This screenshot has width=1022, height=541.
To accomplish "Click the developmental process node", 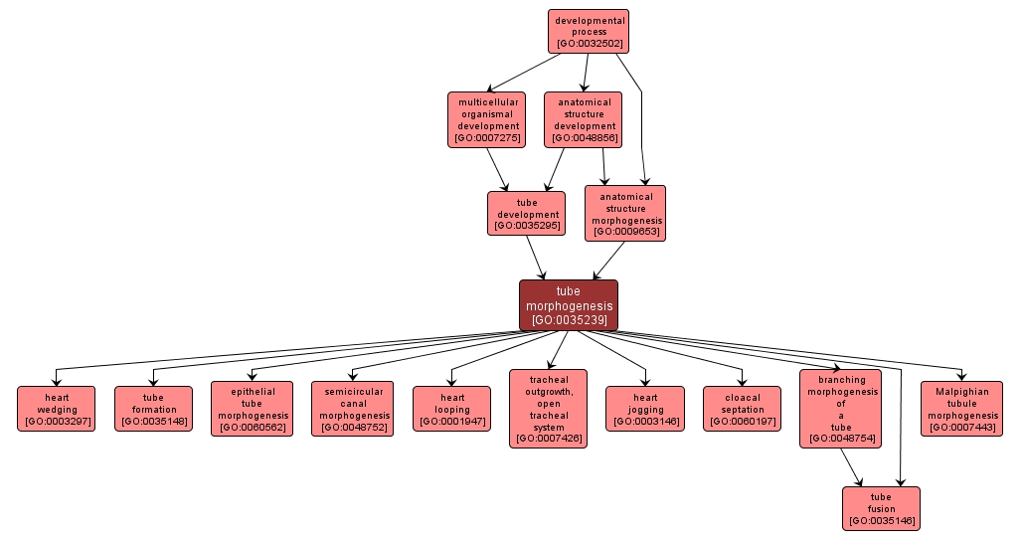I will [589, 31].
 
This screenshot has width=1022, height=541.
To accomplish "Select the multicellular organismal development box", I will [487, 119].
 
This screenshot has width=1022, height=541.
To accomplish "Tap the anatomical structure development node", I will [584, 119].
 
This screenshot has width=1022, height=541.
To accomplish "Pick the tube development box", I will [527, 214].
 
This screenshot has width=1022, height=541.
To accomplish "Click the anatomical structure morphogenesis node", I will [625, 214].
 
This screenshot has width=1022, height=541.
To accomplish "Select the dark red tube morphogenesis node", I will [569, 305].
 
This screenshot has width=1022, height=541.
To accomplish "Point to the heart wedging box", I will [57, 409].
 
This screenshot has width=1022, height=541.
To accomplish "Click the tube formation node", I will [153, 409].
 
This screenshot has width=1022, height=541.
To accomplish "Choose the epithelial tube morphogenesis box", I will [253, 409].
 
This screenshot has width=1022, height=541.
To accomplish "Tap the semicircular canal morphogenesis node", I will [352, 409].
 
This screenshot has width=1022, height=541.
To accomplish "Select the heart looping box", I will [451, 409].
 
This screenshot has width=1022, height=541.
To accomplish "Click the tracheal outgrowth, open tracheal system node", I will [548, 409].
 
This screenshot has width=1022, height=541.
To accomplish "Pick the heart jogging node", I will [645, 409].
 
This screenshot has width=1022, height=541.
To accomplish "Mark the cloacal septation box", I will [743, 409].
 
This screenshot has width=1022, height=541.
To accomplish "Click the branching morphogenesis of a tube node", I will [841, 409].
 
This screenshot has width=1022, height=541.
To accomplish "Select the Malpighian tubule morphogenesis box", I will [960, 409].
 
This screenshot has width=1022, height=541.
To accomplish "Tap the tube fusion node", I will [881, 508].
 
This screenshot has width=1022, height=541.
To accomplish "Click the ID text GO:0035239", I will [569, 320].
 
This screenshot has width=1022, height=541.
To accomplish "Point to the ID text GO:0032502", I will [589, 44].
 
